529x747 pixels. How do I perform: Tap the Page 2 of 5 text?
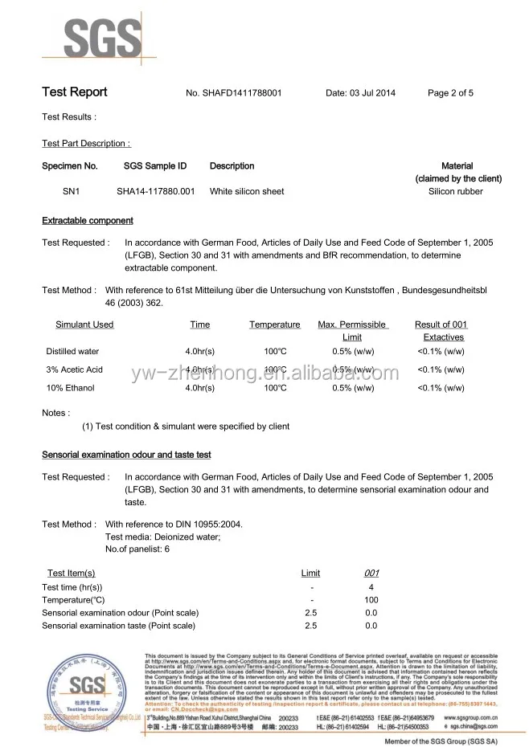[450, 93]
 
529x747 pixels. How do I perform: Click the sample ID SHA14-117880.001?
[156, 192]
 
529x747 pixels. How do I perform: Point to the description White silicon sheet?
[247, 192]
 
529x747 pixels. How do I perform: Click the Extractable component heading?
[88, 221]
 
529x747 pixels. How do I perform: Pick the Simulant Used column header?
[84, 325]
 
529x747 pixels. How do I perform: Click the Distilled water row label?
[72, 352]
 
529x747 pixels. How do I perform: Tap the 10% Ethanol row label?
[70, 388]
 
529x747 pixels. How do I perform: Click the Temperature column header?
[274, 325]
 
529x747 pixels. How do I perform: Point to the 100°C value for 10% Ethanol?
[276, 388]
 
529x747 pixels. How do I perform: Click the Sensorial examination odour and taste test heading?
[126, 455]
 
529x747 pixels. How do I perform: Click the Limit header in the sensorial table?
[310, 573]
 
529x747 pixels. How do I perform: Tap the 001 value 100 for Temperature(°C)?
[371, 600]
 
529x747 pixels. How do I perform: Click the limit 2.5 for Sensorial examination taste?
[311, 625]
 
